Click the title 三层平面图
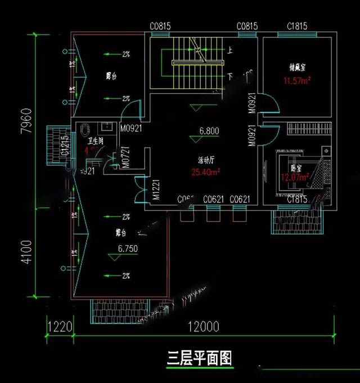tap(200, 358)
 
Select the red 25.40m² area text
tap(205, 172)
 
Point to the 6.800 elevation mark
tap(209, 131)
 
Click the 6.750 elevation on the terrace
tap(128, 248)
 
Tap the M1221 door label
tap(156, 191)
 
